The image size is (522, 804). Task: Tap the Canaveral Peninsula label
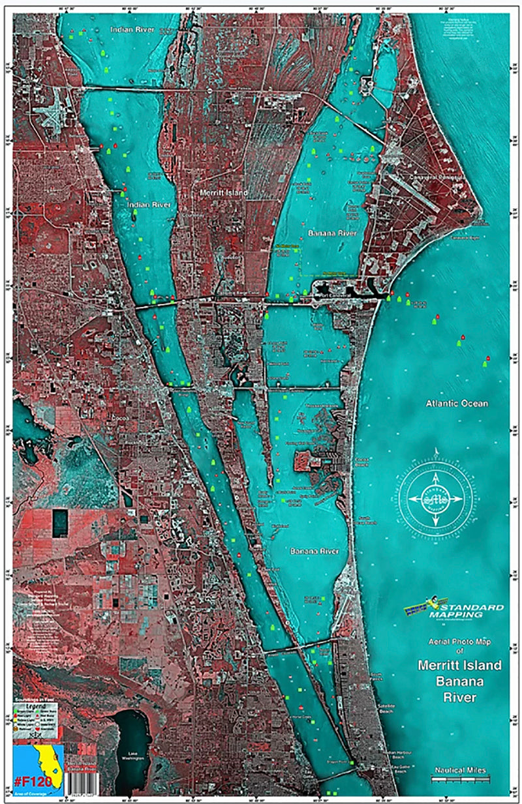point(435,177)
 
